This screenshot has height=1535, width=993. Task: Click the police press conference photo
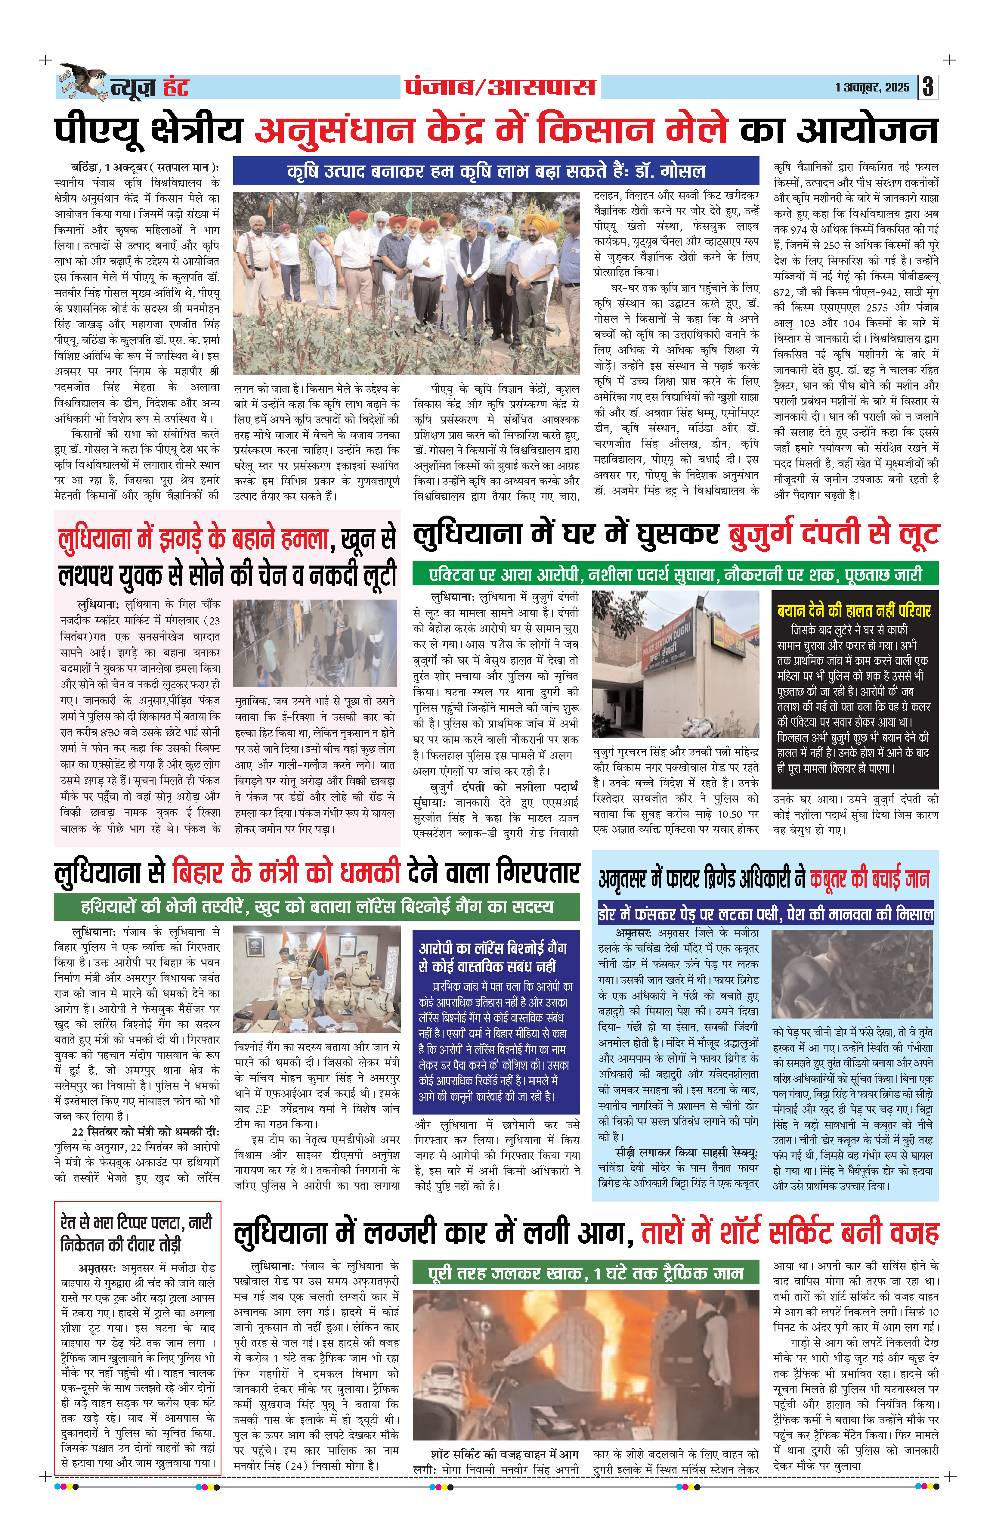(317, 979)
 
